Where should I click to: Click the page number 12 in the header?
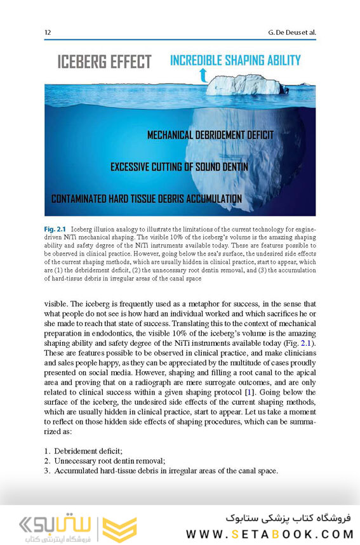click(48, 32)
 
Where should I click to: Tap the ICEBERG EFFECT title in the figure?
click(104, 62)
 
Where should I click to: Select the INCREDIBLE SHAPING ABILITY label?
click(235, 61)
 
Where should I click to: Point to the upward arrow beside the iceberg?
click(203, 77)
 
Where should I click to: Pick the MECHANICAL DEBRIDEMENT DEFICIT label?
click(210, 135)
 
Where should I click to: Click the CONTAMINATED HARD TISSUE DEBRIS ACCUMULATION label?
click(147, 199)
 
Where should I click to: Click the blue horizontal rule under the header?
click(180, 39)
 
